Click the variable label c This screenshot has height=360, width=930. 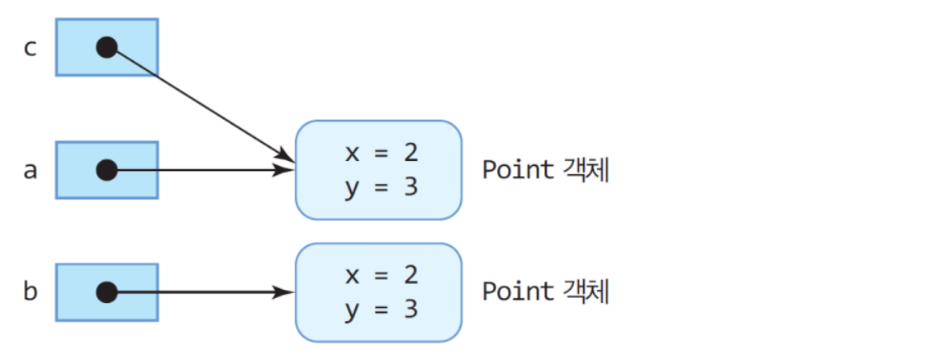click(30, 48)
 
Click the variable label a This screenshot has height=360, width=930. click(30, 171)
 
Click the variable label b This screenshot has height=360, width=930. click(30, 292)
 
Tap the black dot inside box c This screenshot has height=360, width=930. click(107, 47)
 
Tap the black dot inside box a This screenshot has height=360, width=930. click(107, 171)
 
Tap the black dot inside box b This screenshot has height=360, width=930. click(107, 292)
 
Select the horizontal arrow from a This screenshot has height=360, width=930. click(198, 171)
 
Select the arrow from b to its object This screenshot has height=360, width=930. click(198, 292)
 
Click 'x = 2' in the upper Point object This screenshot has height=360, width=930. click(381, 153)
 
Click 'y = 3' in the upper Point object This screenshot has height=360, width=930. click(381, 187)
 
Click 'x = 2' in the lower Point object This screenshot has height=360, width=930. click(381, 275)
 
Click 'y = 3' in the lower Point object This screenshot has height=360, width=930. click(381, 309)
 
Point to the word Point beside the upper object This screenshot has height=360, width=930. click(518, 170)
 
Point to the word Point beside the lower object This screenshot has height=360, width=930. click(518, 291)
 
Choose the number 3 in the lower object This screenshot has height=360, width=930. click(410, 309)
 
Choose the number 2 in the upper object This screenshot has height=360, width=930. click(410, 153)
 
